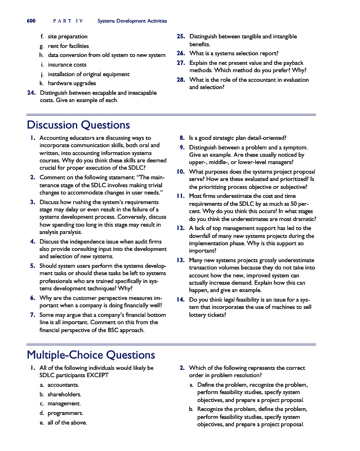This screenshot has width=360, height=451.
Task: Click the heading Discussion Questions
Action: click(78, 125)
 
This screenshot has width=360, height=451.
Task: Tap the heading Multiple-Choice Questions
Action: click(91, 355)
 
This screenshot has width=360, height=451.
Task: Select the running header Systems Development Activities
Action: click(132, 21)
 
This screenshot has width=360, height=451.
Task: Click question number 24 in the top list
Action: click(32, 92)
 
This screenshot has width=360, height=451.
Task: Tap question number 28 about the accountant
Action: click(181, 80)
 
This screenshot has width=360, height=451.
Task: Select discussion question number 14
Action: click(181, 300)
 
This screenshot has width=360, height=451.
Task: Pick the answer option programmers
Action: click(65, 413)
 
